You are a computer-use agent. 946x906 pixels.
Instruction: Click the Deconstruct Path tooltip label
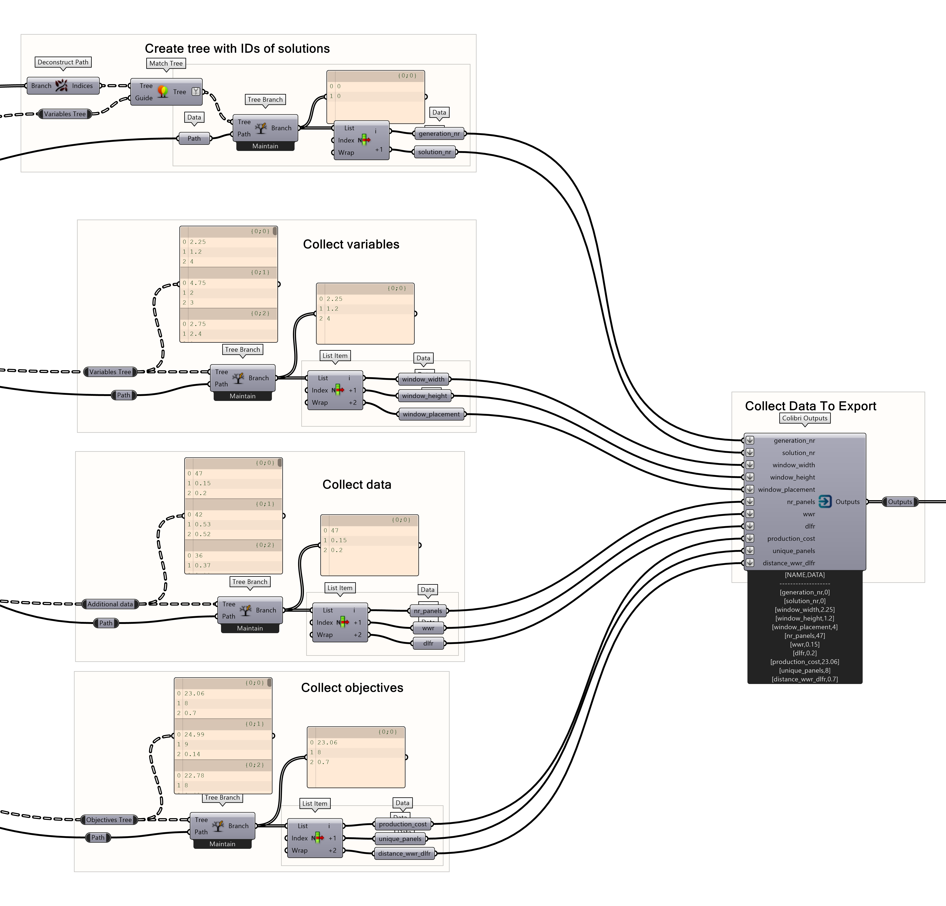coord(63,62)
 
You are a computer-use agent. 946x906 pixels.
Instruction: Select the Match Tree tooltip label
coord(166,63)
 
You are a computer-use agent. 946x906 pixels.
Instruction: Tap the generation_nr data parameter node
coord(439,134)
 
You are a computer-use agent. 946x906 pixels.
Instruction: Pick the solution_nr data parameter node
coord(434,152)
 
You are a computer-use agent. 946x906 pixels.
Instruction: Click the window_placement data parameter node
coord(431,414)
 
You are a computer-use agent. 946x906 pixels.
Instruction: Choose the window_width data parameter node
coord(423,379)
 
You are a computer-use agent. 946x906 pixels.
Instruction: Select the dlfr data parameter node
coord(428,643)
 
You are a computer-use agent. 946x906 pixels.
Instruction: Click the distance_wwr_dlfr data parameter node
coord(404,853)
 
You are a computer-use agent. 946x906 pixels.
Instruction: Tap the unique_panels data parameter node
coord(400,839)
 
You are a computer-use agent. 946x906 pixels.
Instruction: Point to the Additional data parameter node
coord(110,604)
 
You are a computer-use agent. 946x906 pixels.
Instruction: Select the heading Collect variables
coord(351,244)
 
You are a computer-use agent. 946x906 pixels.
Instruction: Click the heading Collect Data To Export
coord(810,406)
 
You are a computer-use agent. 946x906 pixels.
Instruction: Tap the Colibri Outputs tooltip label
coord(805,418)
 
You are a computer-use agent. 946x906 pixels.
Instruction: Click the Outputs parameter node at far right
coord(900,502)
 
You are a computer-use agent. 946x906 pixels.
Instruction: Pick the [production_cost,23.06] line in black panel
coord(805,662)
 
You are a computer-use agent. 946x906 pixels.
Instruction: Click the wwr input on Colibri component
coord(809,514)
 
